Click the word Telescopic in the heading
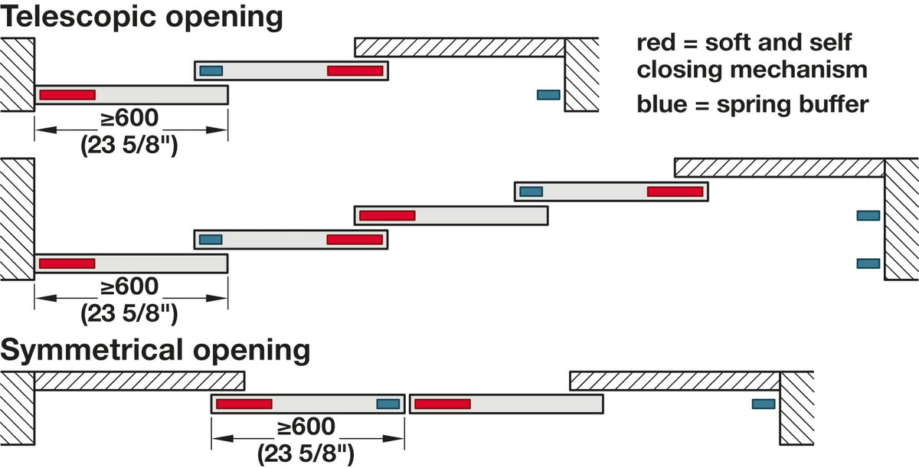click(x=78, y=18)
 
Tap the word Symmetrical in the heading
click(x=91, y=351)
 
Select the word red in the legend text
click(x=656, y=43)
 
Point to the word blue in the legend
click(x=662, y=104)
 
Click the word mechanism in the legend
click(x=796, y=70)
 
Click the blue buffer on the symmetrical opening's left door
click(x=388, y=404)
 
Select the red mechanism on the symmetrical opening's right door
click(x=443, y=404)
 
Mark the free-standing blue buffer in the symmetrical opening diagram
click(x=764, y=404)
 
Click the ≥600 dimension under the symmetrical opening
click(x=306, y=427)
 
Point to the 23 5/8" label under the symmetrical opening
click(x=306, y=453)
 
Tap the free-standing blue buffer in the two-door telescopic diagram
click(x=548, y=95)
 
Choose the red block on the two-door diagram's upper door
click(x=355, y=70)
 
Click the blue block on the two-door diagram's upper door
click(x=211, y=70)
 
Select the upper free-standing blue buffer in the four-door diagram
click(x=868, y=215)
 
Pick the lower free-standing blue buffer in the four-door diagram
click(x=868, y=263)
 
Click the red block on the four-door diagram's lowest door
click(x=67, y=263)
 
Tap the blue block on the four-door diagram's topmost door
click(x=531, y=191)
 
